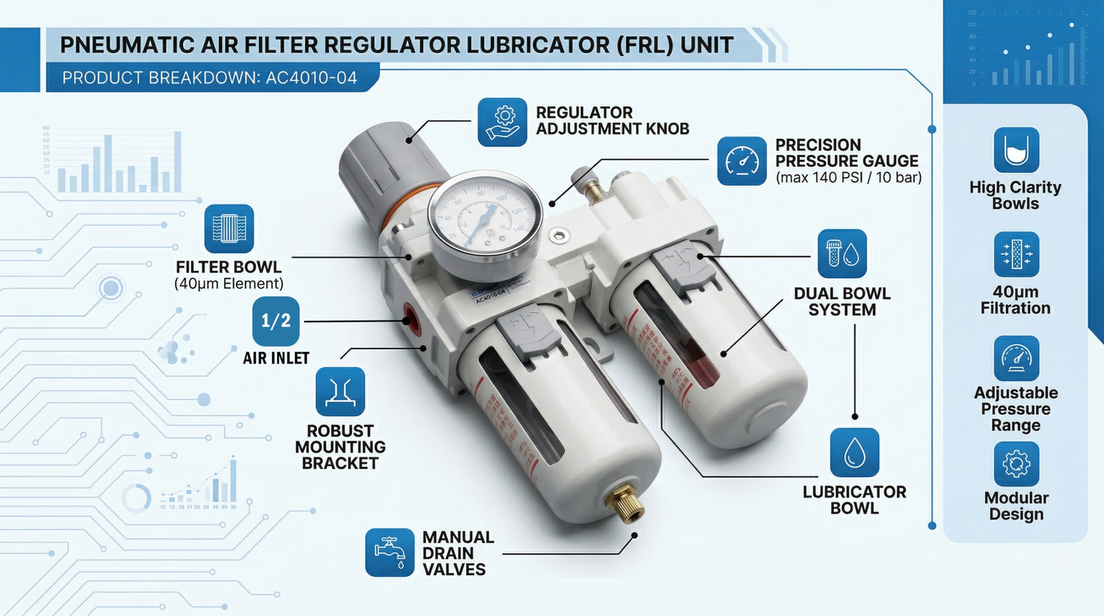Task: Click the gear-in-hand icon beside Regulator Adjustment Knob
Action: (x=502, y=122)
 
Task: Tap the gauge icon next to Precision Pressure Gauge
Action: (x=742, y=161)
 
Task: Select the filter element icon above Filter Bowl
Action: (x=229, y=228)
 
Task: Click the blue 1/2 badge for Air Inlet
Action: (x=276, y=321)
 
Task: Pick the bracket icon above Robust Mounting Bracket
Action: (x=340, y=392)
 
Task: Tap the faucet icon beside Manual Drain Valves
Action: (x=390, y=553)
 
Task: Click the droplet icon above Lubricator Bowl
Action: (x=854, y=453)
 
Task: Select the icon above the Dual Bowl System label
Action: (x=842, y=254)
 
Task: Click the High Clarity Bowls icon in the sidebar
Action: (x=1016, y=150)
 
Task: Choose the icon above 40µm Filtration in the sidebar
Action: (x=1016, y=255)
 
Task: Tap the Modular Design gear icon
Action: (x=1016, y=464)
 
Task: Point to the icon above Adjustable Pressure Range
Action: (x=1016, y=359)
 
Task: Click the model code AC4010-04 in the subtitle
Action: (x=311, y=78)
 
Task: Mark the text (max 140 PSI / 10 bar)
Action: (x=848, y=178)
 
